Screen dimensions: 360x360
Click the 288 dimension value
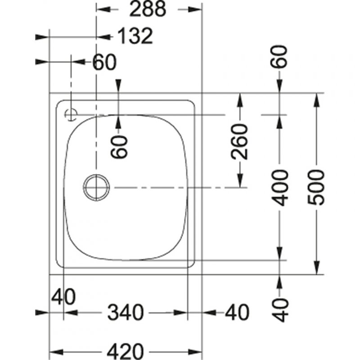point(148,9)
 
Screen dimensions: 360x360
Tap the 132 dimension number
point(135,36)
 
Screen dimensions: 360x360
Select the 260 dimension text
point(240,141)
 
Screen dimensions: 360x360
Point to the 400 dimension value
point(279,188)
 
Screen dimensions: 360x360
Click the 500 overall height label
point(316,187)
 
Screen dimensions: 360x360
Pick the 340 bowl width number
point(126,312)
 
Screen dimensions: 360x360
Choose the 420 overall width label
point(126,351)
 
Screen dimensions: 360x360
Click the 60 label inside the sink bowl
point(119,147)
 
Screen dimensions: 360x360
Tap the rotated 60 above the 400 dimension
point(279,57)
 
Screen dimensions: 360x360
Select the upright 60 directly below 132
point(104,62)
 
